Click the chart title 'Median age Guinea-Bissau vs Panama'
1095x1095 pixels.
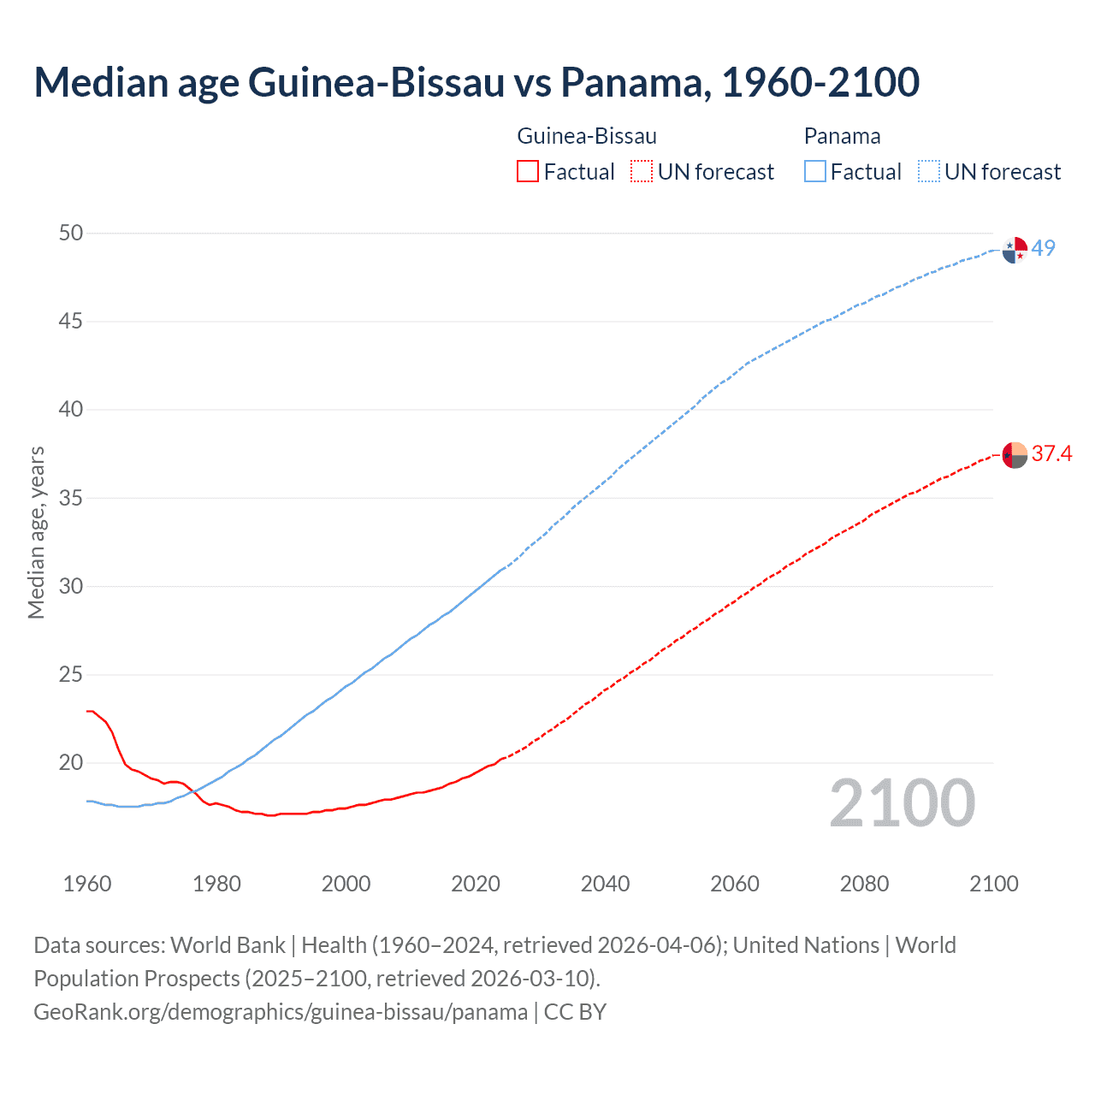click(x=476, y=82)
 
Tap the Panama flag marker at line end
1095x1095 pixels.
click(x=1015, y=250)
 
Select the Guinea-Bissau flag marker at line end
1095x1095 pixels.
click(x=1015, y=455)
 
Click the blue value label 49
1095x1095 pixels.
click(x=1044, y=249)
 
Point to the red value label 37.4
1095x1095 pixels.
click(x=1051, y=454)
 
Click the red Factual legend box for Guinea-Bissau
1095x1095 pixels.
click(x=528, y=172)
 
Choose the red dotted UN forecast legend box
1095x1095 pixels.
click(x=642, y=172)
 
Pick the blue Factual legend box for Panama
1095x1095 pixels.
click(x=815, y=172)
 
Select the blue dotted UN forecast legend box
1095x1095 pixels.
click(x=928, y=172)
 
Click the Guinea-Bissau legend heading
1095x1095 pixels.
click(x=587, y=136)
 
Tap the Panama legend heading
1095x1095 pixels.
click(x=842, y=136)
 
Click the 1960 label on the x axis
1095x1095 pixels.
click(x=87, y=884)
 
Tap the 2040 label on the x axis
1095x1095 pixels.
click(x=605, y=884)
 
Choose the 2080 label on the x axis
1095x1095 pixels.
click(x=864, y=884)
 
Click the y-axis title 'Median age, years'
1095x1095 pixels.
click(x=36, y=532)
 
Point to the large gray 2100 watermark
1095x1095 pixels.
click(x=902, y=803)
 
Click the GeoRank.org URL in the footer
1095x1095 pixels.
click(x=281, y=1012)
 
